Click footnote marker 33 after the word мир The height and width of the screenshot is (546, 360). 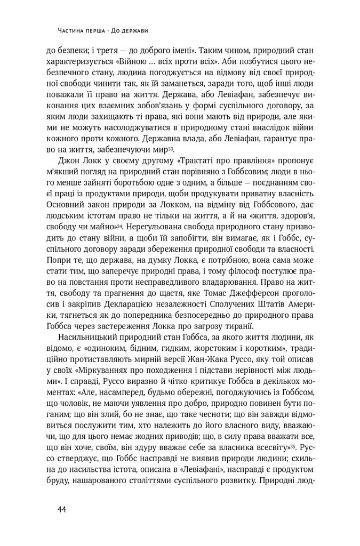tap(179, 148)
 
